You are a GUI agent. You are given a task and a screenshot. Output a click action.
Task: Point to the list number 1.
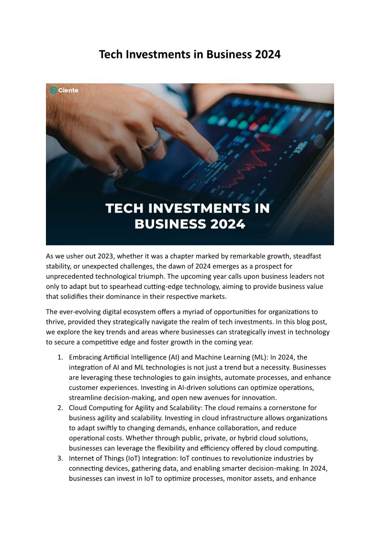pyautogui.click(x=60, y=357)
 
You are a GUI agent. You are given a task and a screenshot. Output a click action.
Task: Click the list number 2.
pyautogui.click(x=60, y=408)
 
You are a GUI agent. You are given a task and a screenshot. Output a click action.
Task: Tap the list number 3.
pyautogui.click(x=60, y=458)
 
